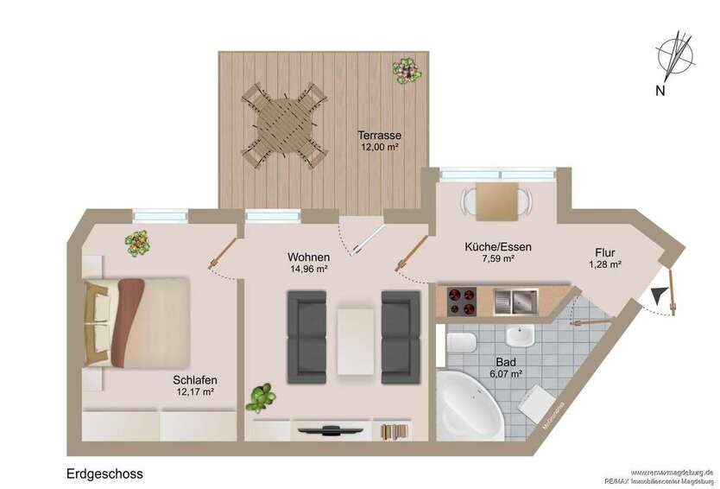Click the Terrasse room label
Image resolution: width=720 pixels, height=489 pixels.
tap(381, 136)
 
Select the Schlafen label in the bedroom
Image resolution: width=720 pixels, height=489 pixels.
tap(194, 379)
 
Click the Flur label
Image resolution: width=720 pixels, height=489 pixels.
tap(604, 252)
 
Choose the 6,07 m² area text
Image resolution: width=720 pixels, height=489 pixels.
tap(506, 374)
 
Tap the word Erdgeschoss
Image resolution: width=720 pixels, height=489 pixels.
tap(104, 473)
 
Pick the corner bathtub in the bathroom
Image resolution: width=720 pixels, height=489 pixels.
tap(471, 406)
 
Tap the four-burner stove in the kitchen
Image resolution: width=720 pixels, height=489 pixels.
tap(463, 302)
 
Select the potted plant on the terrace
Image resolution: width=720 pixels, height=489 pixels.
tap(404, 69)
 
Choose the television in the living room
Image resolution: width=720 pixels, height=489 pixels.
tap(330, 428)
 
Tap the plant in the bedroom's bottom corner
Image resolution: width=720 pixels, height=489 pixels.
tap(260, 398)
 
